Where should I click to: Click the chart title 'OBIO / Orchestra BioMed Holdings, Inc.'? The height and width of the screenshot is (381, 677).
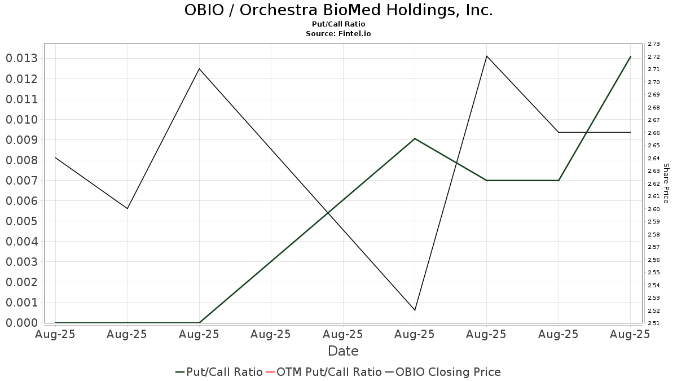[x=338, y=10]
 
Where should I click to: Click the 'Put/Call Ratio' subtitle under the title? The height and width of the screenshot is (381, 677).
[x=338, y=24]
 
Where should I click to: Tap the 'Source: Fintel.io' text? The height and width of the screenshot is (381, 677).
[x=338, y=34]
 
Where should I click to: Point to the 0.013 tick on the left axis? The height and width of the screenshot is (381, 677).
[x=21, y=59]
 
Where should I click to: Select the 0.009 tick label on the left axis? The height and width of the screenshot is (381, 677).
[x=21, y=140]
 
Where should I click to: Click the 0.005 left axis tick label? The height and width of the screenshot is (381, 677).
[x=21, y=221]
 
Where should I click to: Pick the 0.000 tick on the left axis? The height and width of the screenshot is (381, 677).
[x=21, y=323]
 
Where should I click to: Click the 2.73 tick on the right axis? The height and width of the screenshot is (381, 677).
[x=654, y=44]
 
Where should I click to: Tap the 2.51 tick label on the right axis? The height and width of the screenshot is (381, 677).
[x=654, y=323]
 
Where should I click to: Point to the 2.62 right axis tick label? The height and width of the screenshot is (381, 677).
[x=654, y=183]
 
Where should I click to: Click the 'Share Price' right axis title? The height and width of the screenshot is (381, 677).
[x=666, y=183]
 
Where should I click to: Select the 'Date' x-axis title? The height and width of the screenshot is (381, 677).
[x=343, y=351]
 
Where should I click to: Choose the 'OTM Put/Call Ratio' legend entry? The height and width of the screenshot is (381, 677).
[x=323, y=372]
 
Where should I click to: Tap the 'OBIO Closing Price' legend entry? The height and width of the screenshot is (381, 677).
[x=443, y=372]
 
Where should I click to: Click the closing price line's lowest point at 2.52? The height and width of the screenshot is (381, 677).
[x=415, y=310]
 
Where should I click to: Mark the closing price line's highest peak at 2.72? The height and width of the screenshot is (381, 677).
[x=487, y=56]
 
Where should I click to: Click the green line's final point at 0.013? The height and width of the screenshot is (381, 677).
[x=630, y=56]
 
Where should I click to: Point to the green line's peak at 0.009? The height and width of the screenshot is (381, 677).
[x=415, y=138]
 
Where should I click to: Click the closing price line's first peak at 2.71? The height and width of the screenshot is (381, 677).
[x=199, y=69]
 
